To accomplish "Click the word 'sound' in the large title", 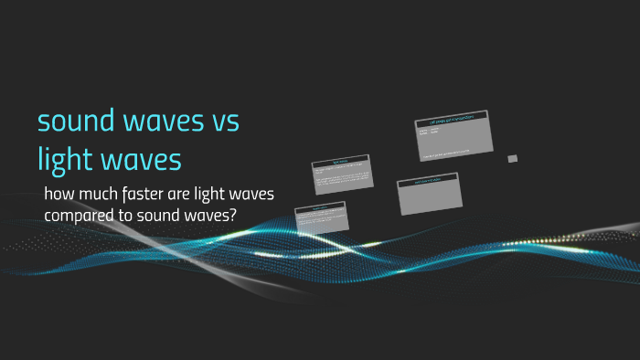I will click(x=75, y=121).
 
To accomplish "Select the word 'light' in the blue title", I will click(x=65, y=160).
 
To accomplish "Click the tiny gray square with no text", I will click(x=513, y=158).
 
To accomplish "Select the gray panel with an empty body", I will click(x=428, y=196).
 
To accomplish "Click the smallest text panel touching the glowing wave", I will click(x=321, y=217).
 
